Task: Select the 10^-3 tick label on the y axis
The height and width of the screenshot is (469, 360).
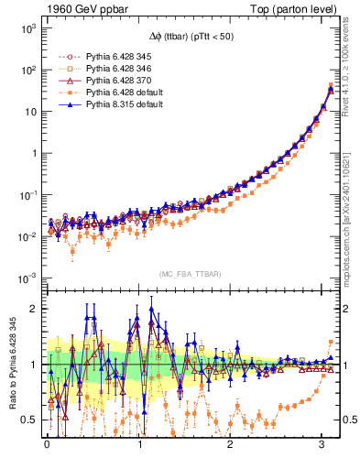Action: tap(25, 278)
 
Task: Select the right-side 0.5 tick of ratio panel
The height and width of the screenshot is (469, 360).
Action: tap(349, 420)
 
